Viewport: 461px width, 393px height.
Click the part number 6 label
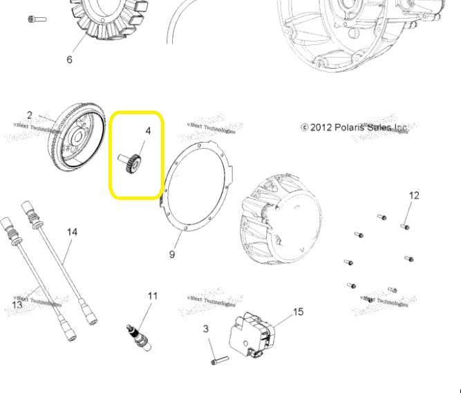(69, 60)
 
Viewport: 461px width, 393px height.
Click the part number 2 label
(30, 115)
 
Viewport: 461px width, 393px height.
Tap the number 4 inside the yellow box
(147, 131)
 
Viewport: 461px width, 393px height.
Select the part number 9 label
(172, 254)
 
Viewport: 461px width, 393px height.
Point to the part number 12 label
(413, 196)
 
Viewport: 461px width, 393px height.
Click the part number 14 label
(72, 232)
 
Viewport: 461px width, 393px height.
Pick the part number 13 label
(17, 304)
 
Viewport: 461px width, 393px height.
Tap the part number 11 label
(152, 296)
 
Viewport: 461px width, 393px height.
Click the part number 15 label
(298, 312)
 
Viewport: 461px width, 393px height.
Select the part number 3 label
(206, 329)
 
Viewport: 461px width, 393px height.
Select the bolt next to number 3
(218, 359)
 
